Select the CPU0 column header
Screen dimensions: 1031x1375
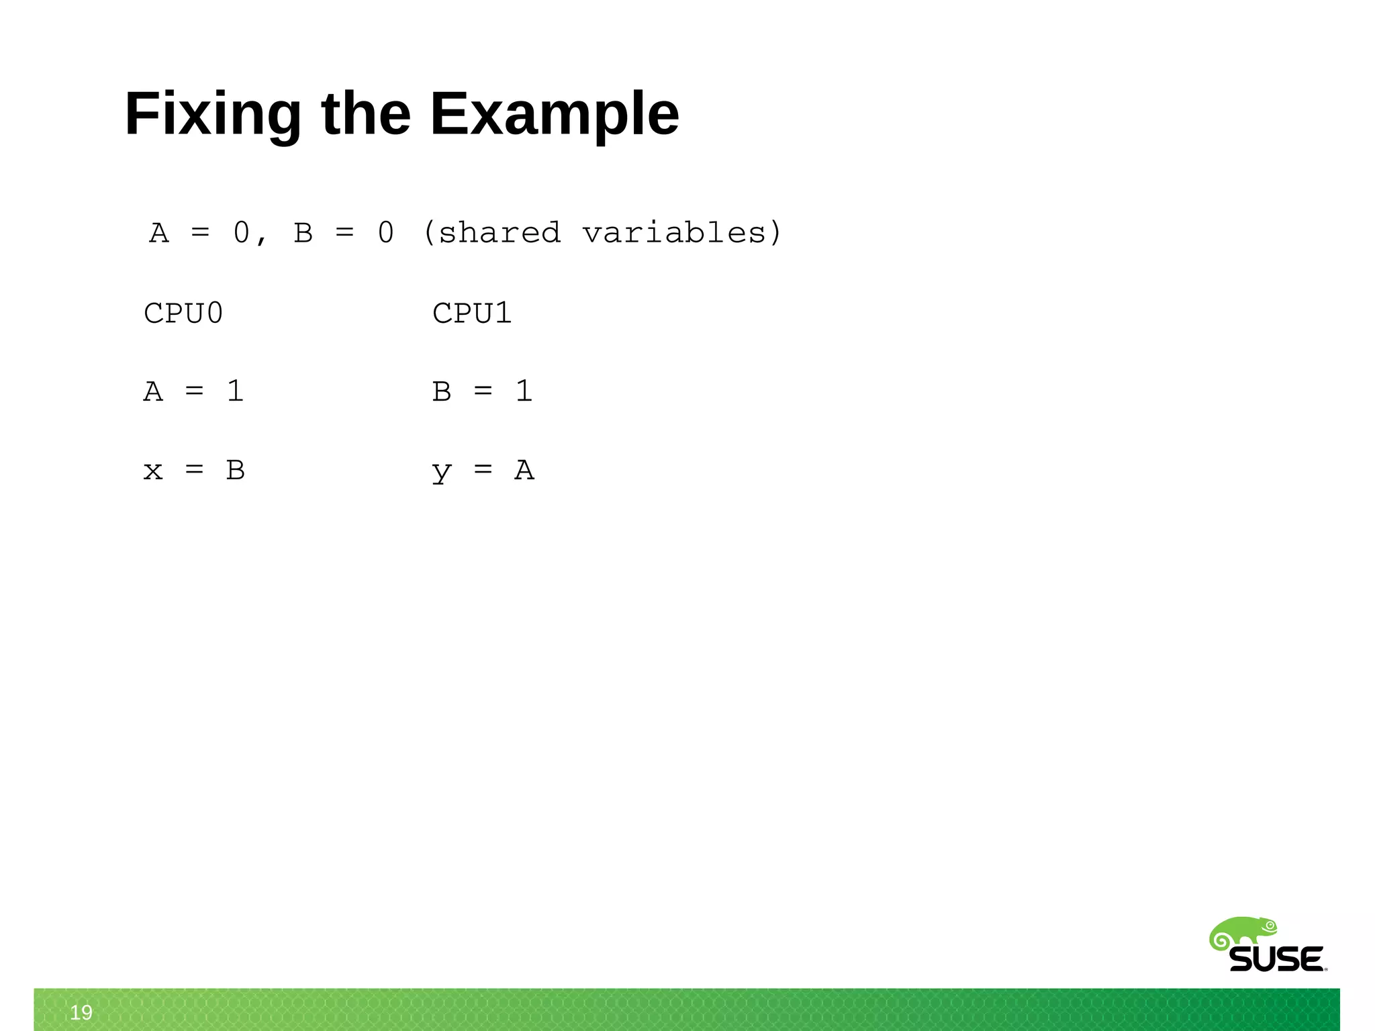pos(183,313)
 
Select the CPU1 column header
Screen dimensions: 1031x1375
pos(472,313)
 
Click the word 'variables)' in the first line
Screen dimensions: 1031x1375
pos(681,233)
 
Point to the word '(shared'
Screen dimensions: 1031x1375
pos(492,233)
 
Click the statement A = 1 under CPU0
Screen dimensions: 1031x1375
pos(193,391)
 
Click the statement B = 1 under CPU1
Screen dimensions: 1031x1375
pos(482,391)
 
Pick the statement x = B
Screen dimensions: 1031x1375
pos(193,470)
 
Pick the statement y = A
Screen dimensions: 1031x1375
pos(482,470)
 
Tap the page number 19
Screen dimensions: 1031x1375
pos(81,1012)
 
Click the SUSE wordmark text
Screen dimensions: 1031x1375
pos(1276,959)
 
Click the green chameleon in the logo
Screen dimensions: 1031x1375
pos(1242,932)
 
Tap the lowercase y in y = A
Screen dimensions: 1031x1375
pos(441,472)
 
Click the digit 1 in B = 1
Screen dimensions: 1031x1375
pos(524,391)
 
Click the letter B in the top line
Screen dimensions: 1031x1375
pos(303,234)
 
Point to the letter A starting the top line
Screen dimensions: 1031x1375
pos(159,234)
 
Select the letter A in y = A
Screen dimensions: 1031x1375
pos(524,470)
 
